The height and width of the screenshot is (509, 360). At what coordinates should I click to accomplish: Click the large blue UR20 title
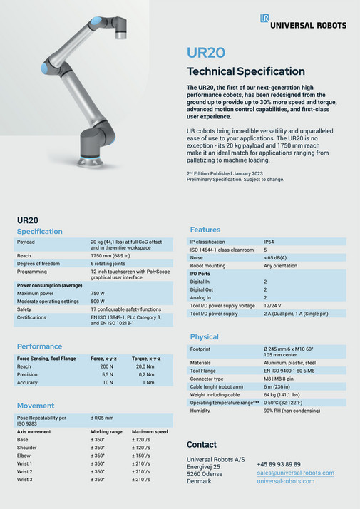[205, 53]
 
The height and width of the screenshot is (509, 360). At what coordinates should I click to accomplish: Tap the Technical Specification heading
[245, 71]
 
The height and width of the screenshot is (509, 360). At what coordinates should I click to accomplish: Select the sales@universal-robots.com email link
[295, 473]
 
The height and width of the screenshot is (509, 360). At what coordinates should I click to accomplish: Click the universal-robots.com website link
[285, 481]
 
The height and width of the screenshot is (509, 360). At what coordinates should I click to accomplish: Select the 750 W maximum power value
[98, 293]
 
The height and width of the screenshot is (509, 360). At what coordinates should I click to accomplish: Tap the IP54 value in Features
[269, 242]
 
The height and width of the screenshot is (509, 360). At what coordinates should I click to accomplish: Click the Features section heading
[205, 230]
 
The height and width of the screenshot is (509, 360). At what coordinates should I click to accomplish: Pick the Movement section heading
[36, 406]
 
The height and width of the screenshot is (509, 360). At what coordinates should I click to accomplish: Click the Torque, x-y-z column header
[146, 359]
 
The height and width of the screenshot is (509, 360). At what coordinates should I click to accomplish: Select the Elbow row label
[24, 455]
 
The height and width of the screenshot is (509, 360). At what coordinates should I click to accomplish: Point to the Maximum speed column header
[150, 432]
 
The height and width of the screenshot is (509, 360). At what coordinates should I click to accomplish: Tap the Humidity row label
[201, 411]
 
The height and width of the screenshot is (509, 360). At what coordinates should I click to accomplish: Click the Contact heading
[201, 444]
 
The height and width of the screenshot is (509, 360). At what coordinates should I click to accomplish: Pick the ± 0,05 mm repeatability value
[103, 418]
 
